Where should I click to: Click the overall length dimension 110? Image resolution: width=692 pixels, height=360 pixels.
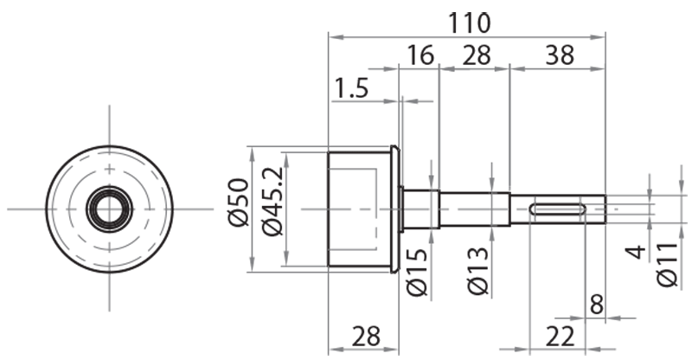(x=469, y=21)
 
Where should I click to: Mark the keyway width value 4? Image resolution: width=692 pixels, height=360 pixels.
(x=636, y=253)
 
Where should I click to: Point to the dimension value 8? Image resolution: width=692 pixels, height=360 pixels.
(x=595, y=304)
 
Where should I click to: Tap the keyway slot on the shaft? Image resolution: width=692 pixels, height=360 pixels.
(x=558, y=209)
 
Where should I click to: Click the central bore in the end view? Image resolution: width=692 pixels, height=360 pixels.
(x=109, y=209)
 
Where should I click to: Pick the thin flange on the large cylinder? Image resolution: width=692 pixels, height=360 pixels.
(x=395, y=209)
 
